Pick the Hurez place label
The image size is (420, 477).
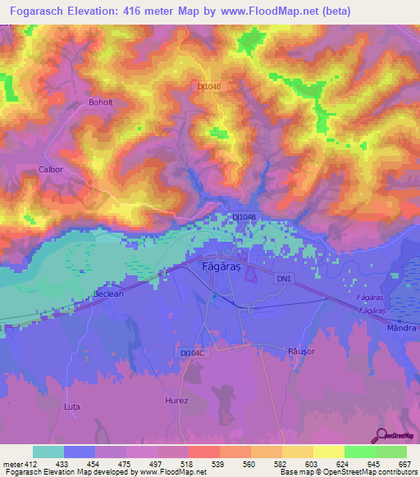(176, 401)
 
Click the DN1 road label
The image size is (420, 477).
(284, 279)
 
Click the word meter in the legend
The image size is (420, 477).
(11, 463)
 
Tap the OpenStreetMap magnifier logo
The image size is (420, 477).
(381, 434)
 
